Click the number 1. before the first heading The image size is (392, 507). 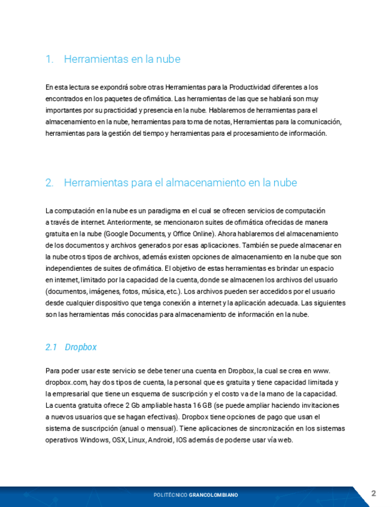pyautogui.click(x=50, y=59)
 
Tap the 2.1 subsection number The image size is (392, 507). pyautogui.click(x=51, y=347)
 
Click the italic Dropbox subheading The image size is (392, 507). pyautogui.click(x=81, y=347)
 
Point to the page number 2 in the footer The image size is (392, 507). pyautogui.click(x=373, y=493)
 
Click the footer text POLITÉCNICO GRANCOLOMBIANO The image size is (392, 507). pyautogui.click(x=196, y=495)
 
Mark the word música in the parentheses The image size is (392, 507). pyautogui.click(x=147, y=291)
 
